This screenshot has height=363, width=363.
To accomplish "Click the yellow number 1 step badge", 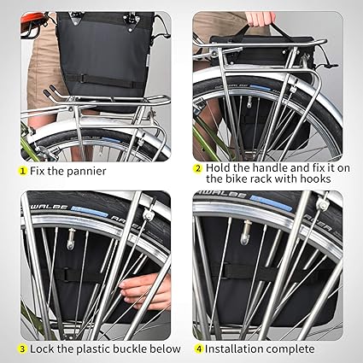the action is [22, 171].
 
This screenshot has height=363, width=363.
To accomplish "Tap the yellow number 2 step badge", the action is [197, 168].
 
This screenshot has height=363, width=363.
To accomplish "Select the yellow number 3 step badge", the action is [22, 349].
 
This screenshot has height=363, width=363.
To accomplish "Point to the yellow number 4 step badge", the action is [198, 349].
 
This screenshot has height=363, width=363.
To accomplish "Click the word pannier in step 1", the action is [87, 172].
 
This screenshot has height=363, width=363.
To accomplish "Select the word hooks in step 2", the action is [315, 179].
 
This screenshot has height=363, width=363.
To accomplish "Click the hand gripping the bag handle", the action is [261, 19].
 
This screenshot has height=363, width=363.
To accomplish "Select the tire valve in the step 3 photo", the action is [70, 239].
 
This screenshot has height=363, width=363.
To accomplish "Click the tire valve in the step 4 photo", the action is [246, 232].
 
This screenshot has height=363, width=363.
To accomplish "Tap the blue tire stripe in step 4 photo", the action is [271, 202].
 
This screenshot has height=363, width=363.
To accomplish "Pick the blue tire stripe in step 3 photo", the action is [90, 212].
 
